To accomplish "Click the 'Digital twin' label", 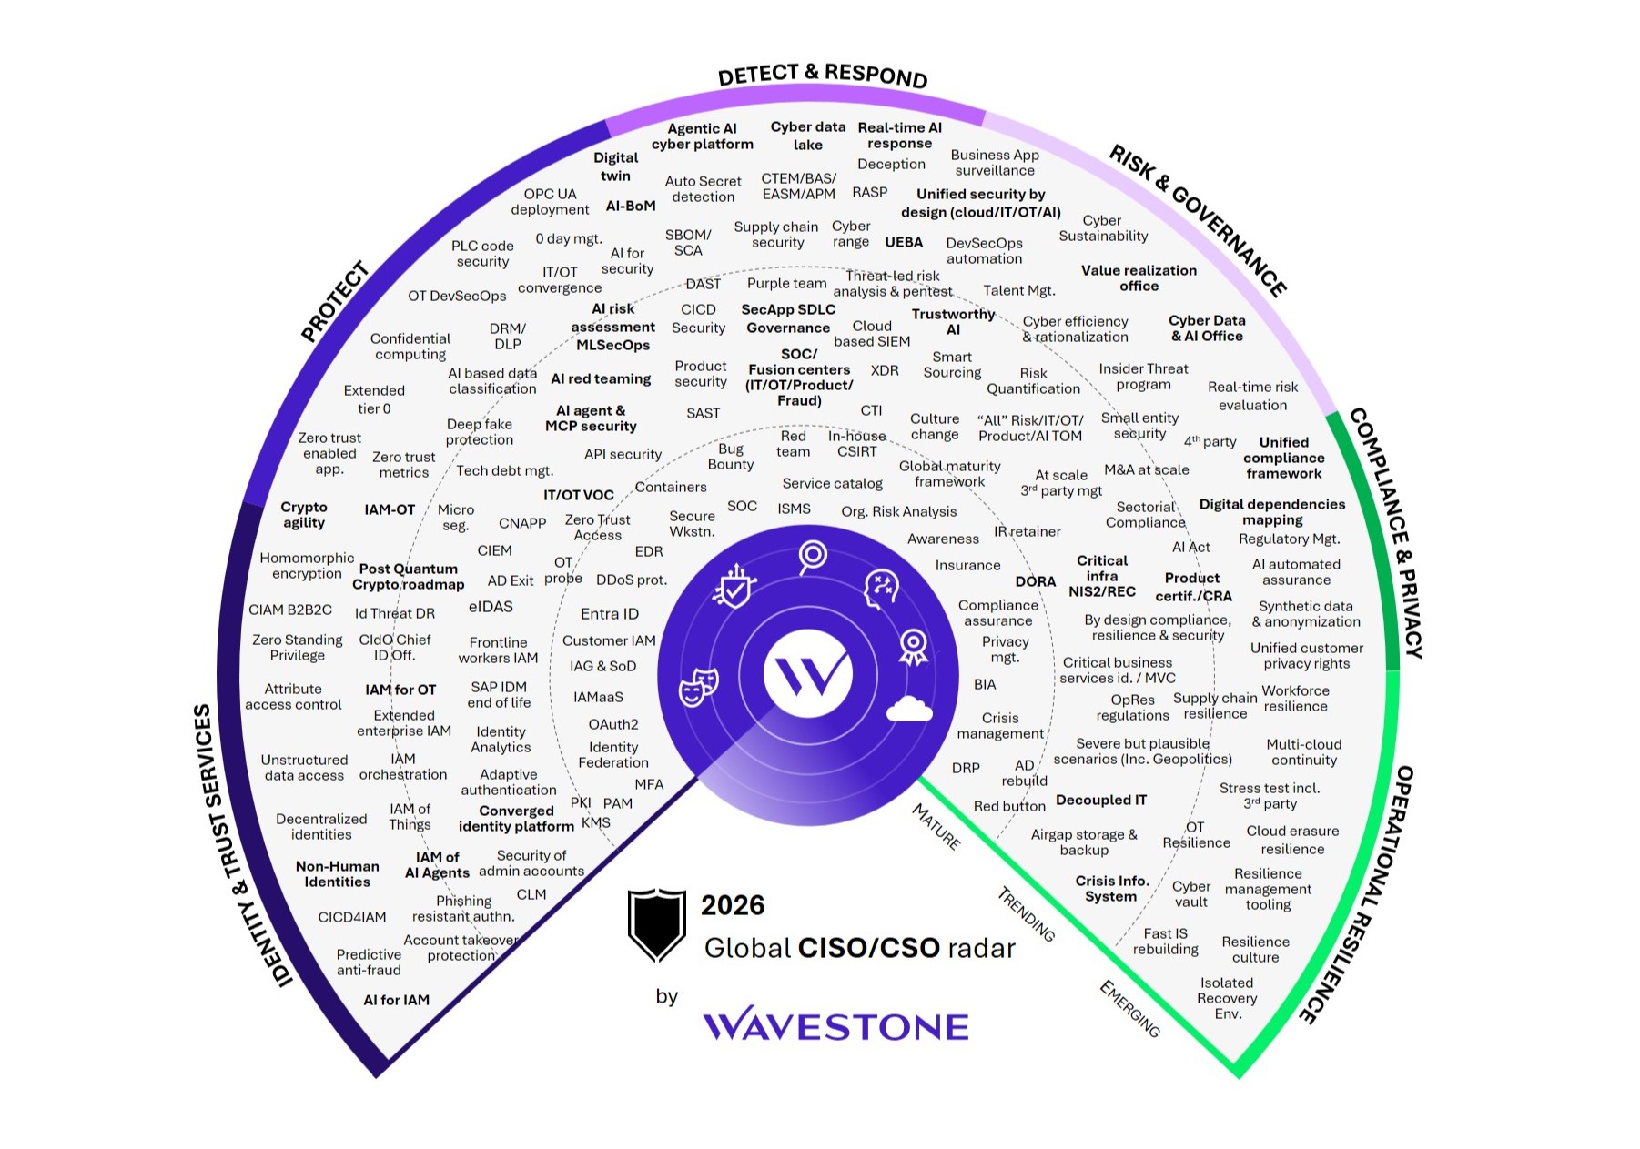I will [615, 166].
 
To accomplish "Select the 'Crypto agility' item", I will [303, 515].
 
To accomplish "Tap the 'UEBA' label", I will [904, 242].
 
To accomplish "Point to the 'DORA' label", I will [1036, 581].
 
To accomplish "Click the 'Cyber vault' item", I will [1191, 893].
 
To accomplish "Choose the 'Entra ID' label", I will [610, 614].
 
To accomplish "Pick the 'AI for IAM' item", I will [396, 1000].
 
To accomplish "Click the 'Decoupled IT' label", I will [1101, 801].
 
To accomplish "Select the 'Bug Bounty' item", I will [731, 457].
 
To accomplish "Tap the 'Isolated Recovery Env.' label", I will [1227, 998].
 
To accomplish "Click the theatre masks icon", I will [698, 685].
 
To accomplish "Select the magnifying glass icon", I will [812, 556].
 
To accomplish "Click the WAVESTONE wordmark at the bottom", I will [835, 1026].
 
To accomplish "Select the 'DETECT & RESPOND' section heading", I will [822, 75].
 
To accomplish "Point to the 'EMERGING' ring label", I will [1129, 1009].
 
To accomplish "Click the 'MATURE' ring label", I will [936, 827].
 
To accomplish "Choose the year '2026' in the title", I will [733, 905].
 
